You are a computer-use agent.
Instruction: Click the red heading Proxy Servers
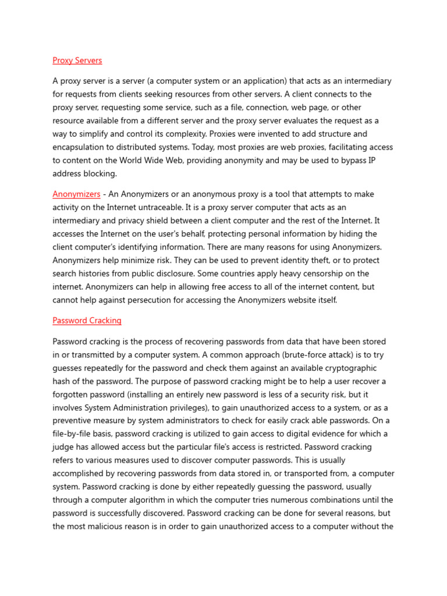(x=77, y=61)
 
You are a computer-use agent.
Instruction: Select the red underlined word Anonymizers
(x=76, y=194)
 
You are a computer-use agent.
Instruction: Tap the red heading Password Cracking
(x=87, y=321)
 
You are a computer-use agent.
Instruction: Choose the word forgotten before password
(x=72, y=395)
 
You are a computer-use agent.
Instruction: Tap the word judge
(x=65, y=448)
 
